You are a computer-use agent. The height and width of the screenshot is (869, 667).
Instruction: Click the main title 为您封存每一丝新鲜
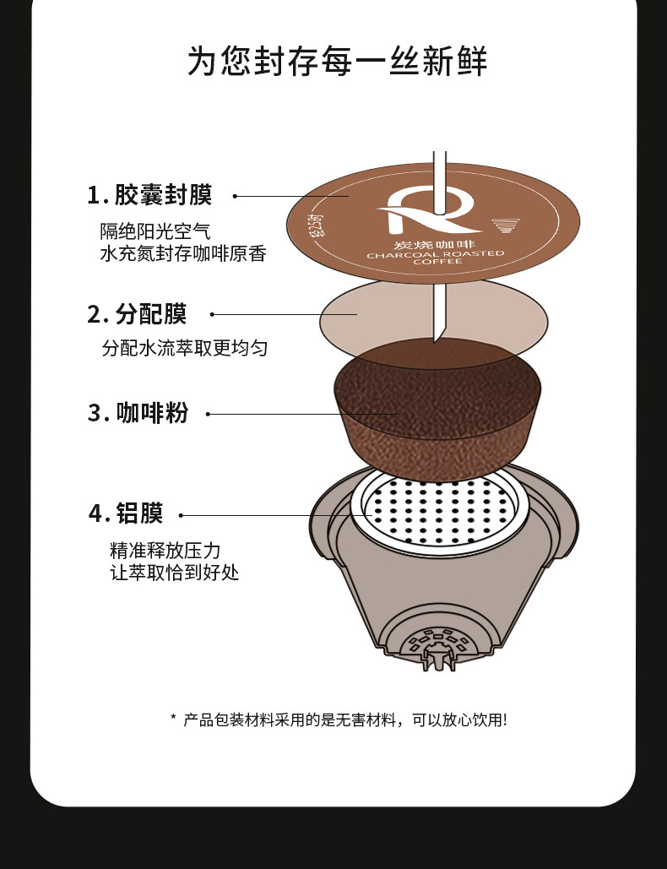[x=337, y=61]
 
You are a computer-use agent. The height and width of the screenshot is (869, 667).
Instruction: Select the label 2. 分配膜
[x=137, y=313]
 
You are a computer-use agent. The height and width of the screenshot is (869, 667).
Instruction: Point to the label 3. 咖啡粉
[x=138, y=413]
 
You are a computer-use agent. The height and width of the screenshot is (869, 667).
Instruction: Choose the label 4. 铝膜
[x=127, y=513]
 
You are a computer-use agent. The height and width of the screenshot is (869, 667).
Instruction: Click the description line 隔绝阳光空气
[x=155, y=231]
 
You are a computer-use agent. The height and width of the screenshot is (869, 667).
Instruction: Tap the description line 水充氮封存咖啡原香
[x=183, y=253]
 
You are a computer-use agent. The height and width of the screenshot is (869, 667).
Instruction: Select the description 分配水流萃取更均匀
[x=184, y=348]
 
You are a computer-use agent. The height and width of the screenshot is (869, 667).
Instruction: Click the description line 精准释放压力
[x=165, y=551]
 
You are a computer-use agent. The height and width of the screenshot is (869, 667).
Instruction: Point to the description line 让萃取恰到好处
[x=175, y=573]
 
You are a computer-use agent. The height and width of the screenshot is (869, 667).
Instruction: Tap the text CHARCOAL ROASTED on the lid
[x=436, y=254]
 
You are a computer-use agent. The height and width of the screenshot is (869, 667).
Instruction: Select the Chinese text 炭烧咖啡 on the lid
[x=435, y=244]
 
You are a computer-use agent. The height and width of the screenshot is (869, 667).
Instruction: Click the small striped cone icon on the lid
[x=505, y=225]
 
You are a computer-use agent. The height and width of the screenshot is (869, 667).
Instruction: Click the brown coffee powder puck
[x=437, y=409]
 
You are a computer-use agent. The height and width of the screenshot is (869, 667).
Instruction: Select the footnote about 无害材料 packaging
[x=339, y=720]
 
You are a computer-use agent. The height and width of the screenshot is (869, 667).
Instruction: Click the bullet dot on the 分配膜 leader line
[x=212, y=314]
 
